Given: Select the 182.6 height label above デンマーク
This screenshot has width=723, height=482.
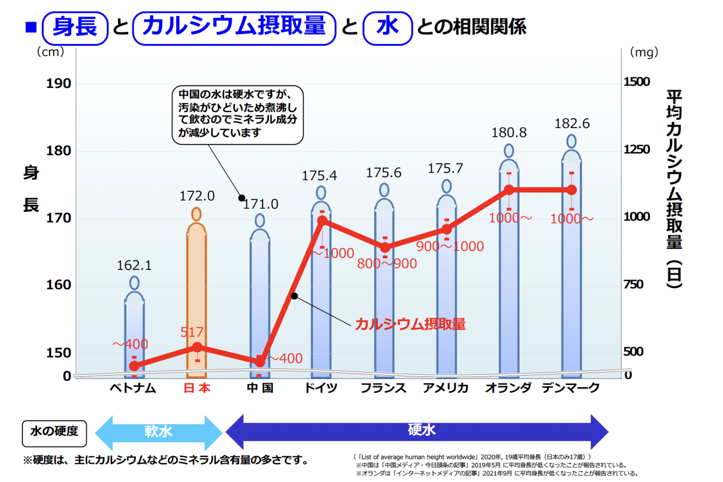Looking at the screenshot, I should pos(571,124).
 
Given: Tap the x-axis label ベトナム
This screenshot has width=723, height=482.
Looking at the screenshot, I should pos(133,388).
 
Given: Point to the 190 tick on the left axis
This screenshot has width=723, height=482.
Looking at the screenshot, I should pos(59,83).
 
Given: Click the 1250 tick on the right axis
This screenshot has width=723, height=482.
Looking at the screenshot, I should pos(637,149).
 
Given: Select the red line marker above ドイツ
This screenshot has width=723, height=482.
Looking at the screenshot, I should pos(322,220).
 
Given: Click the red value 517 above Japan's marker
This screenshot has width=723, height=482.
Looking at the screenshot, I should pos(192,332).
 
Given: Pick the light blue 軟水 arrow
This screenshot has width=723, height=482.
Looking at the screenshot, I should pos(158,432).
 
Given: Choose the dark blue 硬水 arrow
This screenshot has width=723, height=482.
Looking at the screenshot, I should pos(417,431).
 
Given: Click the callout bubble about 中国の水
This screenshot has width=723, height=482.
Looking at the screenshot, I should pos(237,114).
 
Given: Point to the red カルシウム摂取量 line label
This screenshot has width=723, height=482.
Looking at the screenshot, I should pos(410,324).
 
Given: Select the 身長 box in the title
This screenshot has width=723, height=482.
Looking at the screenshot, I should pos(75,27).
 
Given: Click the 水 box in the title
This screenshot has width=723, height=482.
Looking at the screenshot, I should pos(387,27).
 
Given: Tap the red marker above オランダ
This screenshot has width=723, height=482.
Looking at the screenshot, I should pos(509,190).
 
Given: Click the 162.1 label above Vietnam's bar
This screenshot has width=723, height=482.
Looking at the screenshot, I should pos(134,265).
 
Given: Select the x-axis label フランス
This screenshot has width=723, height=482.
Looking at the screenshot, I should pos(383,388).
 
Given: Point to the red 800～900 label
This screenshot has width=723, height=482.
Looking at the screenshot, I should pos(387,264).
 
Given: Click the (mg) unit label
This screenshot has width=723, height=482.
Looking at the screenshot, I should pos(644,52).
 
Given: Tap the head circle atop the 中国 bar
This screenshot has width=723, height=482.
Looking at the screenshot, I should pos(260,220).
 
